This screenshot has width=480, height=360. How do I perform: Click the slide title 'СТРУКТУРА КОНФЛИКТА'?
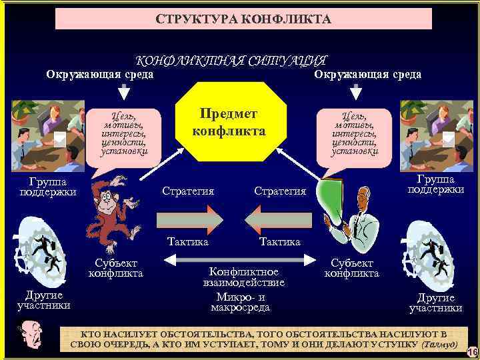click(243, 19)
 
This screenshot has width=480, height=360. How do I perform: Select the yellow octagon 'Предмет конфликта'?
click(229, 122)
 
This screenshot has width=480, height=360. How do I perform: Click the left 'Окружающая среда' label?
click(99, 74)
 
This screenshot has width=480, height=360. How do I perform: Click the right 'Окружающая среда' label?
click(367, 74)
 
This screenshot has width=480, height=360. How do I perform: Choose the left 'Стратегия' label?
click(188, 191)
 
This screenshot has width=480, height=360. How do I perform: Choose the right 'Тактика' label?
click(279, 241)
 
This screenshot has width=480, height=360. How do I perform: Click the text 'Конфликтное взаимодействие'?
click(244, 277)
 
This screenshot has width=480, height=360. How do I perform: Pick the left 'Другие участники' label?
click(43, 301)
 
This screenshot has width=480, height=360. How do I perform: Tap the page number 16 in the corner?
click(472, 351)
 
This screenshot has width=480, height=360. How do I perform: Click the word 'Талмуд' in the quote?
click(439, 344)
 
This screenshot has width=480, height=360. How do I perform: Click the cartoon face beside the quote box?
click(31, 337)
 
